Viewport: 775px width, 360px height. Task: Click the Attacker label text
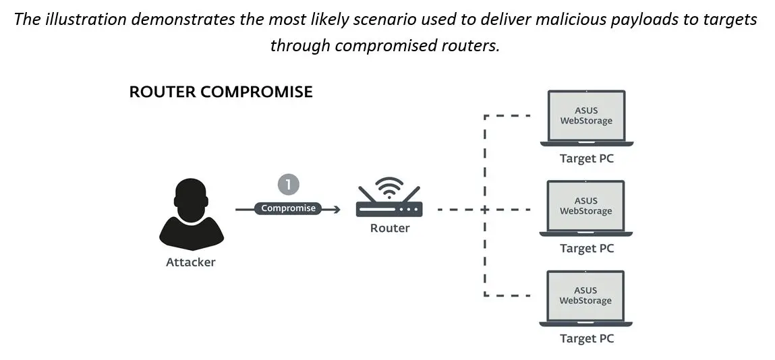[191, 262]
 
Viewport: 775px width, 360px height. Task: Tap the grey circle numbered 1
[288, 185]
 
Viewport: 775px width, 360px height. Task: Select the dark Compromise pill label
[288, 208]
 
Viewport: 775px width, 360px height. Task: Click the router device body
[389, 209]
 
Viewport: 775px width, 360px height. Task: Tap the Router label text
[389, 228]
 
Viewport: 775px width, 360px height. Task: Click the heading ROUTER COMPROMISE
[221, 92]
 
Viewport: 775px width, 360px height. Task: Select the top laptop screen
[586, 115]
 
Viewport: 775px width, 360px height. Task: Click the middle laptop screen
[586, 206]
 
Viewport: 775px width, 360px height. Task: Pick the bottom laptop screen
[586, 295]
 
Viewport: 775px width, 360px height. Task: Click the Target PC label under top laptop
[587, 159]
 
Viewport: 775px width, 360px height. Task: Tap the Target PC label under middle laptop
[587, 248]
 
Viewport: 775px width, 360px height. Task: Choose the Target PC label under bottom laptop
[587, 338]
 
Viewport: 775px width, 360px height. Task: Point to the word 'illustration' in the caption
[85, 19]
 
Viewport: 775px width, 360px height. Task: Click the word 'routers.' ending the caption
[474, 45]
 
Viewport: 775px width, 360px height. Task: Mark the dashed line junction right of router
[485, 209]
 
